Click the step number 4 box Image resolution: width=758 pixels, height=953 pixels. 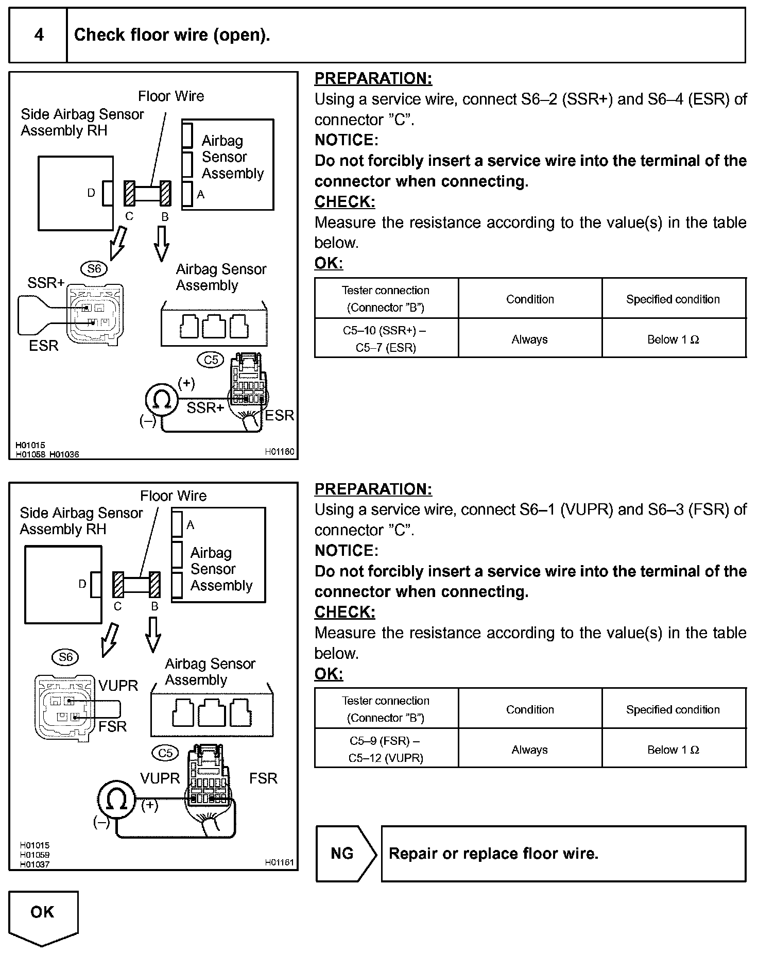pyautogui.click(x=39, y=35)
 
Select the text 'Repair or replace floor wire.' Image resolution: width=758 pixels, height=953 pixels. pyautogui.click(x=493, y=854)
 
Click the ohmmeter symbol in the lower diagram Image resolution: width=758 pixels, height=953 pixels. pyautogui.click(x=116, y=799)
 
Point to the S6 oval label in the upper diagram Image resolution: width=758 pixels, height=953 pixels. pyautogui.click(x=94, y=268)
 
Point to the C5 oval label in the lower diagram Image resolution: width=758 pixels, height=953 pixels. pyautogui.click(x=165, y=753)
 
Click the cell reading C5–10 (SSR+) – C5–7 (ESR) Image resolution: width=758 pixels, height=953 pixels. pyautogui.click(x=386, y=338)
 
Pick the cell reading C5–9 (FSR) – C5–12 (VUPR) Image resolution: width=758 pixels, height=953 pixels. pyautogui.click(x=386, y=749)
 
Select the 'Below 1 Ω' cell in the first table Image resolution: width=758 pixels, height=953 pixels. pyautogui.click(x=673, y=339)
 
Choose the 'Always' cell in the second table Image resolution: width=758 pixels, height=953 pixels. pyautogui.click(x=529, y=750)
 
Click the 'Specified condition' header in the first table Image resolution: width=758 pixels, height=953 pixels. pyautogui.click(x=673, y=299)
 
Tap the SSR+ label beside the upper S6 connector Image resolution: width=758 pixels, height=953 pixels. pyautogui.click(x=46, y=283)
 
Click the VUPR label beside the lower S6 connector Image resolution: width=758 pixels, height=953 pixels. pyautogui.click(x=118, y=686)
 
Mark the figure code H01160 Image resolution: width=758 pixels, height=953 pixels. pyautogui.click(x=280, y=451)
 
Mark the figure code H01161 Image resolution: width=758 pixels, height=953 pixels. pyautogui.click(x=280, y=862)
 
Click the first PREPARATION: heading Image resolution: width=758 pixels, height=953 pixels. pyautogui.click(x=373, y=79)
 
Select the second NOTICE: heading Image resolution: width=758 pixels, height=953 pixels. pyautogui.click(x=347, y=551)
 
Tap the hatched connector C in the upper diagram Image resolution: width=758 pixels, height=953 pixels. pyautogui.click(x=129, y=193)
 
